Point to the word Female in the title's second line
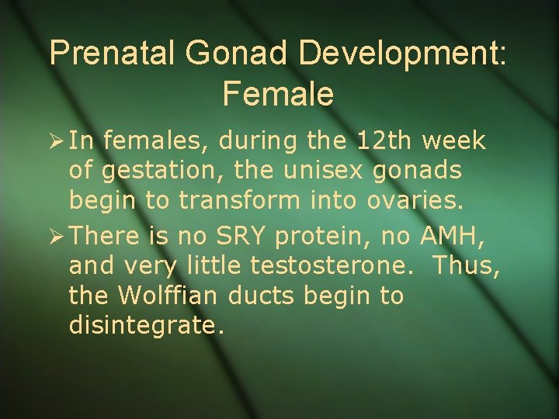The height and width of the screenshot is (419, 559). point(278,93)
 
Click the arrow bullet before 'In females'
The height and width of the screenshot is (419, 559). point(57,142)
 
